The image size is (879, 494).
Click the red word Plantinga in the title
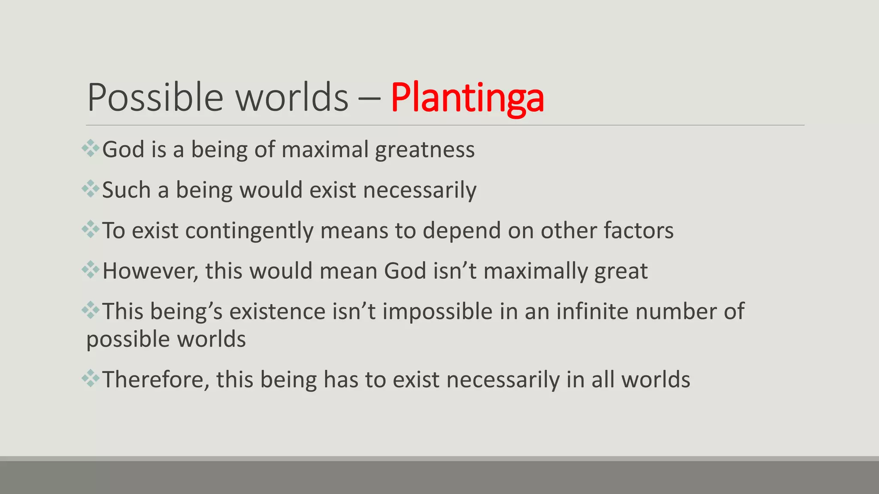coord(467,98)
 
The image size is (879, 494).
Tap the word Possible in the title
coord(155,98)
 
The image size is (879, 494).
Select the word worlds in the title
coord(292,98)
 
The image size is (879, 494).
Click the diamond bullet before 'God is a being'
coord(91,148)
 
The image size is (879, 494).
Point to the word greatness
coord(425,150)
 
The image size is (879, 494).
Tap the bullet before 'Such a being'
coord(91,189)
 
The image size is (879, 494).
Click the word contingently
coord(249,231)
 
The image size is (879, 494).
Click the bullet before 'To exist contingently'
coord(91,229)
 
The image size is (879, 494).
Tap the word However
coord(150,271)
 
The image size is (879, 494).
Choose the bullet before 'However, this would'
coord(91,270)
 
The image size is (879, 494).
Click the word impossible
coord(437,312)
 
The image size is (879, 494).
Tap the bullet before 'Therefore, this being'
coord(91,378)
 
